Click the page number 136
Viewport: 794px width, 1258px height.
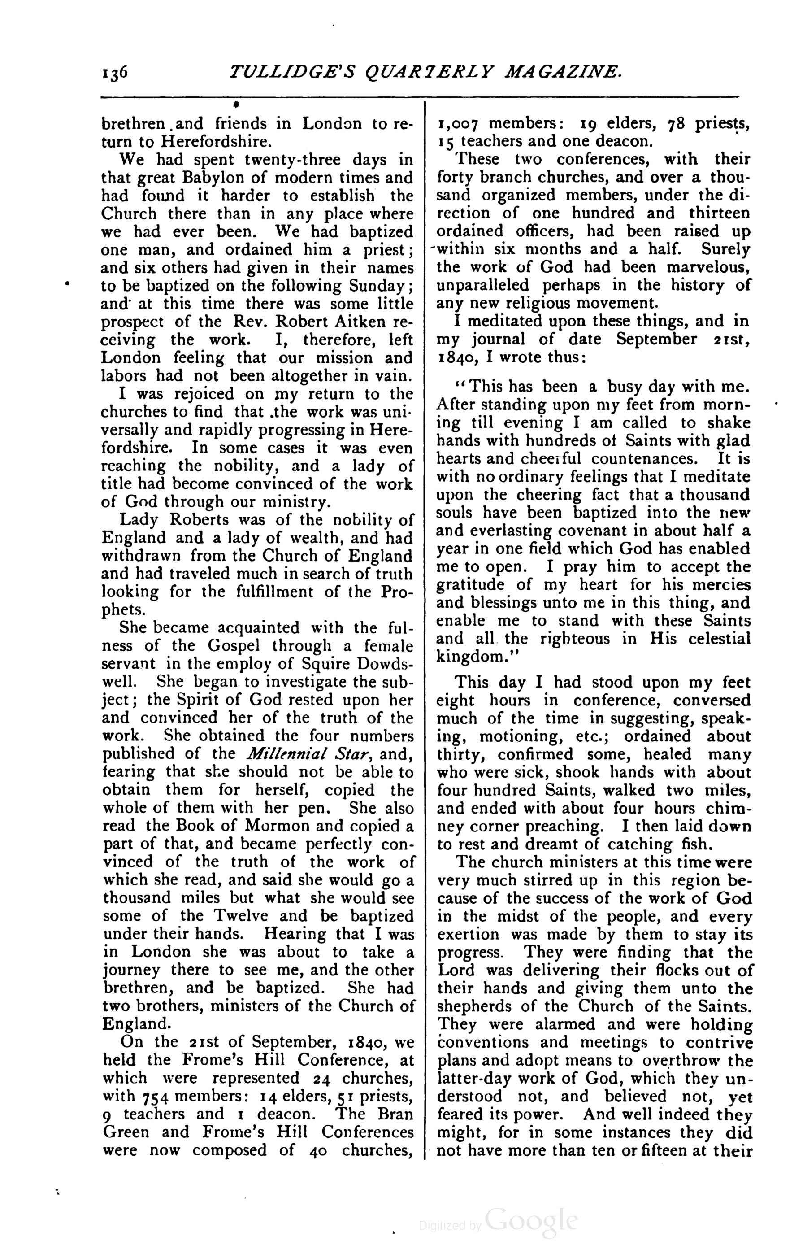click(114, 73)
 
